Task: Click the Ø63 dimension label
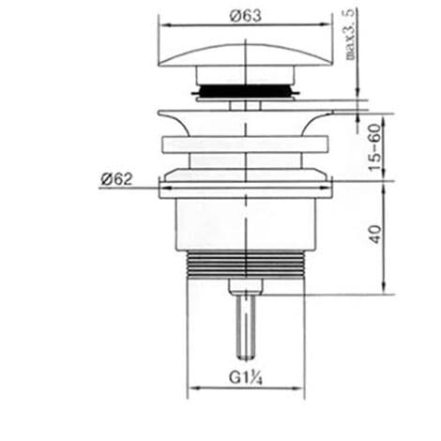tap(246, 16)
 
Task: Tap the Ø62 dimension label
tap(116, 179)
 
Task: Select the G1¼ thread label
tap(245, 377)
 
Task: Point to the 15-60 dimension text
tap(375, 147)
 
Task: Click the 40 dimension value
tap(375, 235)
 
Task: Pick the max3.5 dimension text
tap(351, 35)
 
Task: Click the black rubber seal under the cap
tap(246, 90)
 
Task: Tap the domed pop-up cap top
tap(246, 54)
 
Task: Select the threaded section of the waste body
tap(246, 265)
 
